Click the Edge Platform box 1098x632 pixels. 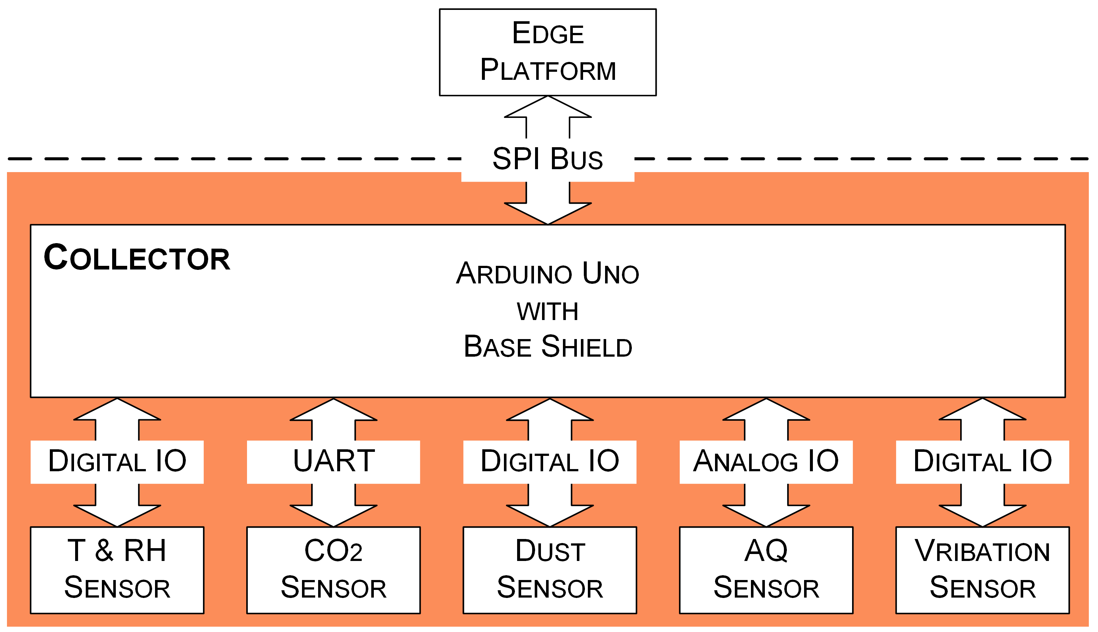pyautogui.click(x=548, y=52)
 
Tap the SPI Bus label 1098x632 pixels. pyautogui.click(x=547, y=159)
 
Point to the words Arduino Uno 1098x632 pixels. pyautogui.click(x=547, y=274)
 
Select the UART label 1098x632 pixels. pyautogui.click(x=334, y=461)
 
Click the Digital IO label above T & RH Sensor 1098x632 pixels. pyautogui.click(x=117, y=461)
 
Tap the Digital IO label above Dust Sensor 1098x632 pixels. pyautogui.click(x=549, y=461)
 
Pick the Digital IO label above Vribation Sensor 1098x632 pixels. pyautogui.click(x=983, y=461)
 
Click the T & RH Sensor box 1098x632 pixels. pyautogui.click(x=117, y=570)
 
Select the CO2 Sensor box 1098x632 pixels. pyautogui.click(x=334, y=570)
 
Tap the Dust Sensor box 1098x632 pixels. pyautogui.click(x=549, y=570)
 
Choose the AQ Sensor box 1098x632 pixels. pyautogui.click(x=766, y=570)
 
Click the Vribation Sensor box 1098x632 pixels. pyautogui.click(x=983, y=570)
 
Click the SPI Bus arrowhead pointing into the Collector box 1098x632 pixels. pyautogui.click(x=548, y=213)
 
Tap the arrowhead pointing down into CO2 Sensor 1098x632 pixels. pyautogui.click(x=334, y=515)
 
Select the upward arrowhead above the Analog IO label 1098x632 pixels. pyautogui.click(x=766, y=410)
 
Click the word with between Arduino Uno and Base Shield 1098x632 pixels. pyautogui.click(x=547, y=312)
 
